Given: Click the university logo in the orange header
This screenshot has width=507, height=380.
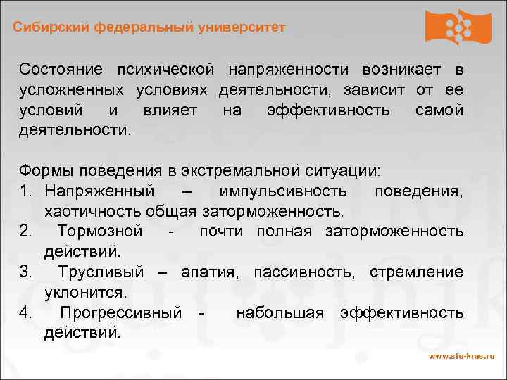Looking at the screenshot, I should point(458,27).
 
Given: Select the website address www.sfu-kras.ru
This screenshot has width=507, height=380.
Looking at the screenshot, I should point(461,356).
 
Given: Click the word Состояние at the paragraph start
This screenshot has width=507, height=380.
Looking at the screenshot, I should point(61,70).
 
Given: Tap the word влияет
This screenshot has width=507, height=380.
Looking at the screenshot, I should point(170,110).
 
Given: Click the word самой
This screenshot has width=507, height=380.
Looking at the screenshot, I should point(439,110).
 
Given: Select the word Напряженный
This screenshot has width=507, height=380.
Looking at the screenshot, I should point(99,191).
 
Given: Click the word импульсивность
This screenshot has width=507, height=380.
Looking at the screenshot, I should point(282,191).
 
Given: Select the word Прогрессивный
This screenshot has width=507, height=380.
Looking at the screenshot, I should point(121,312).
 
